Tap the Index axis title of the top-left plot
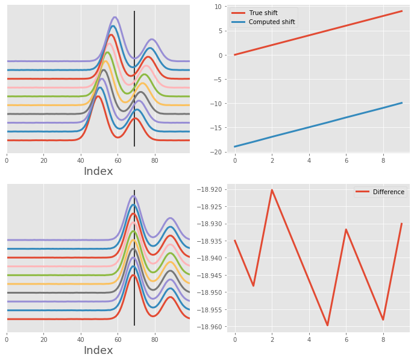coord(98,171)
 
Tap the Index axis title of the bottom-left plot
coord(98,350)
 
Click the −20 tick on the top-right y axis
coord(216,152)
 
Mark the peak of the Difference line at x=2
coord(272,190)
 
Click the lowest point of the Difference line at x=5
coord(327,326)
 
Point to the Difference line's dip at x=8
coord(383,320)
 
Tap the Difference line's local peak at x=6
coord(346,229)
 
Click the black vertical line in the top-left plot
coord(134,78)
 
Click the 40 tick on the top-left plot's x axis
coord(81,160)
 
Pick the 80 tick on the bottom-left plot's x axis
coord(155,339)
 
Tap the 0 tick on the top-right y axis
coord(220,55)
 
